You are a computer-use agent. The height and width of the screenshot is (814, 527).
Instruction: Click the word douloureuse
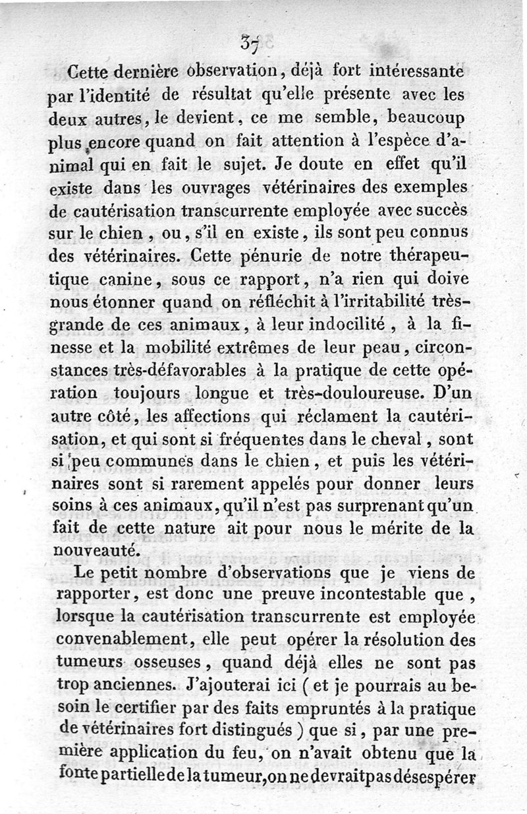pyautogui.click(x=359, y=394)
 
